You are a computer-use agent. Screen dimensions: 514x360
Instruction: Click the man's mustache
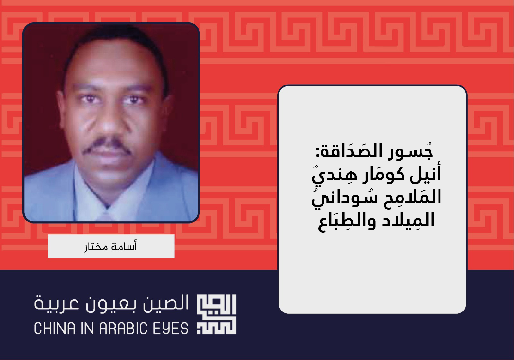107,146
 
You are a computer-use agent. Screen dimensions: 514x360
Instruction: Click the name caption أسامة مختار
111,246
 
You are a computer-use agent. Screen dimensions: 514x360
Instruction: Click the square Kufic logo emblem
217,314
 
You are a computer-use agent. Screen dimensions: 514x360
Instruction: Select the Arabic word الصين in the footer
166,304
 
